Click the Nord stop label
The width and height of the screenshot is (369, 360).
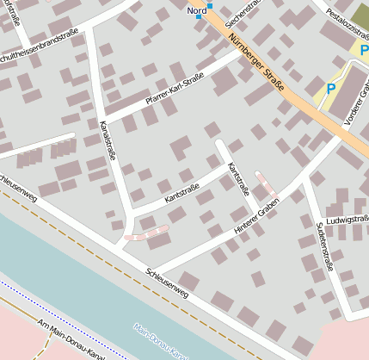[x=196, y=10]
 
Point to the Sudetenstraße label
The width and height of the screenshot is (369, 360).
[x=323, y=245]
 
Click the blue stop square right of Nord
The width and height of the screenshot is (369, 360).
[x=209, y=6]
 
